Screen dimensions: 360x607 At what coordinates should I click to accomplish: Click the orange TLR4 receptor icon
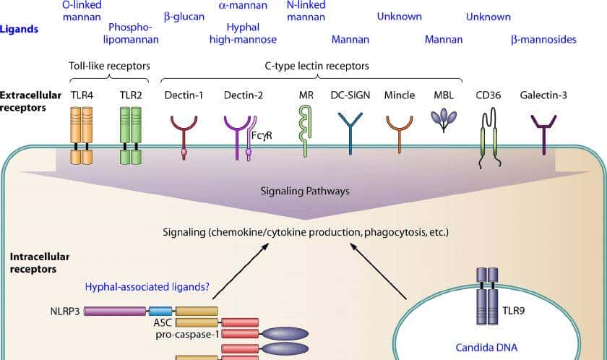coord(82,135)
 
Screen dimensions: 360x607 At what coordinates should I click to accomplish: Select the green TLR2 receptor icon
coord(130,135)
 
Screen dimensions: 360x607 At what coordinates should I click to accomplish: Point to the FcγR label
coord(262,135)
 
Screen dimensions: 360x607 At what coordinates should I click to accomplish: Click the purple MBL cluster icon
coord(444,120)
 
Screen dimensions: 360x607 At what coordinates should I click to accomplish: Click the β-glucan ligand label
coord(184,17)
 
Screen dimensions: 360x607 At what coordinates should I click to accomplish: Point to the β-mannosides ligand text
coord(543,40)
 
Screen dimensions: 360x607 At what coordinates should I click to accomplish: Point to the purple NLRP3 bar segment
coord(115,311)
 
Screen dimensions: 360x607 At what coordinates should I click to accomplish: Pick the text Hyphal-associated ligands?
coord(147,287)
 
